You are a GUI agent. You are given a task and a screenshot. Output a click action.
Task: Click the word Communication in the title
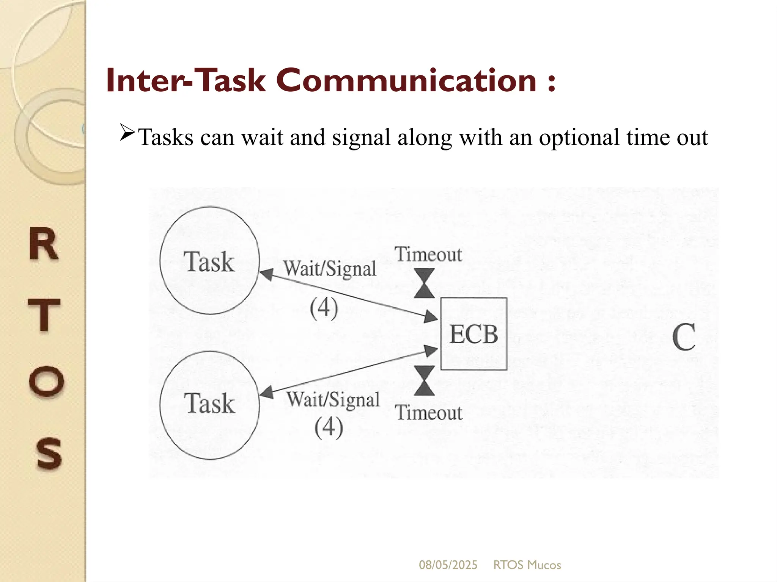point(406,80)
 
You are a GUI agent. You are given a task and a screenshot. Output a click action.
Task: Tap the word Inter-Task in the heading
point(186,80)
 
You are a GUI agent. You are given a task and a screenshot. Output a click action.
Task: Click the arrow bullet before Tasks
point(127,133)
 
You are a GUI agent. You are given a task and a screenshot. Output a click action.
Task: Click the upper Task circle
point(209,261)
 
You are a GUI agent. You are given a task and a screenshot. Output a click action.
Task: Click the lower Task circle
point(209,405)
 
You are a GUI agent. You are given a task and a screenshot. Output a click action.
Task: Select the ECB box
point(473,334)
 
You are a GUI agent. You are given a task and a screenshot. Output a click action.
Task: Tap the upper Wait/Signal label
point(330,269)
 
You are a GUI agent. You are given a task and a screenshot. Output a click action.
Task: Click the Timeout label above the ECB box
point(429,254)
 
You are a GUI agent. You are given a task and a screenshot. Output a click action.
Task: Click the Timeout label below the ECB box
point(429,413)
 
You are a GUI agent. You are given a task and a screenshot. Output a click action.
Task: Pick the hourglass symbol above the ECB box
point(424,283)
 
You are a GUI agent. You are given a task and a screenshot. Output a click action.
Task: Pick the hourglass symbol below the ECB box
point(424,381)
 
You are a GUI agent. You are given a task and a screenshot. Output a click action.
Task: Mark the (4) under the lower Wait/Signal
point(329,428)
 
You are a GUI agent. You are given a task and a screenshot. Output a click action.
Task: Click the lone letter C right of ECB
point(684,337)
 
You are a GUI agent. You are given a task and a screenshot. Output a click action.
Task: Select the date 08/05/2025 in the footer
point(448,565)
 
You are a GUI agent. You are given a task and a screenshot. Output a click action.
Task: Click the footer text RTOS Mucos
point(527,565)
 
